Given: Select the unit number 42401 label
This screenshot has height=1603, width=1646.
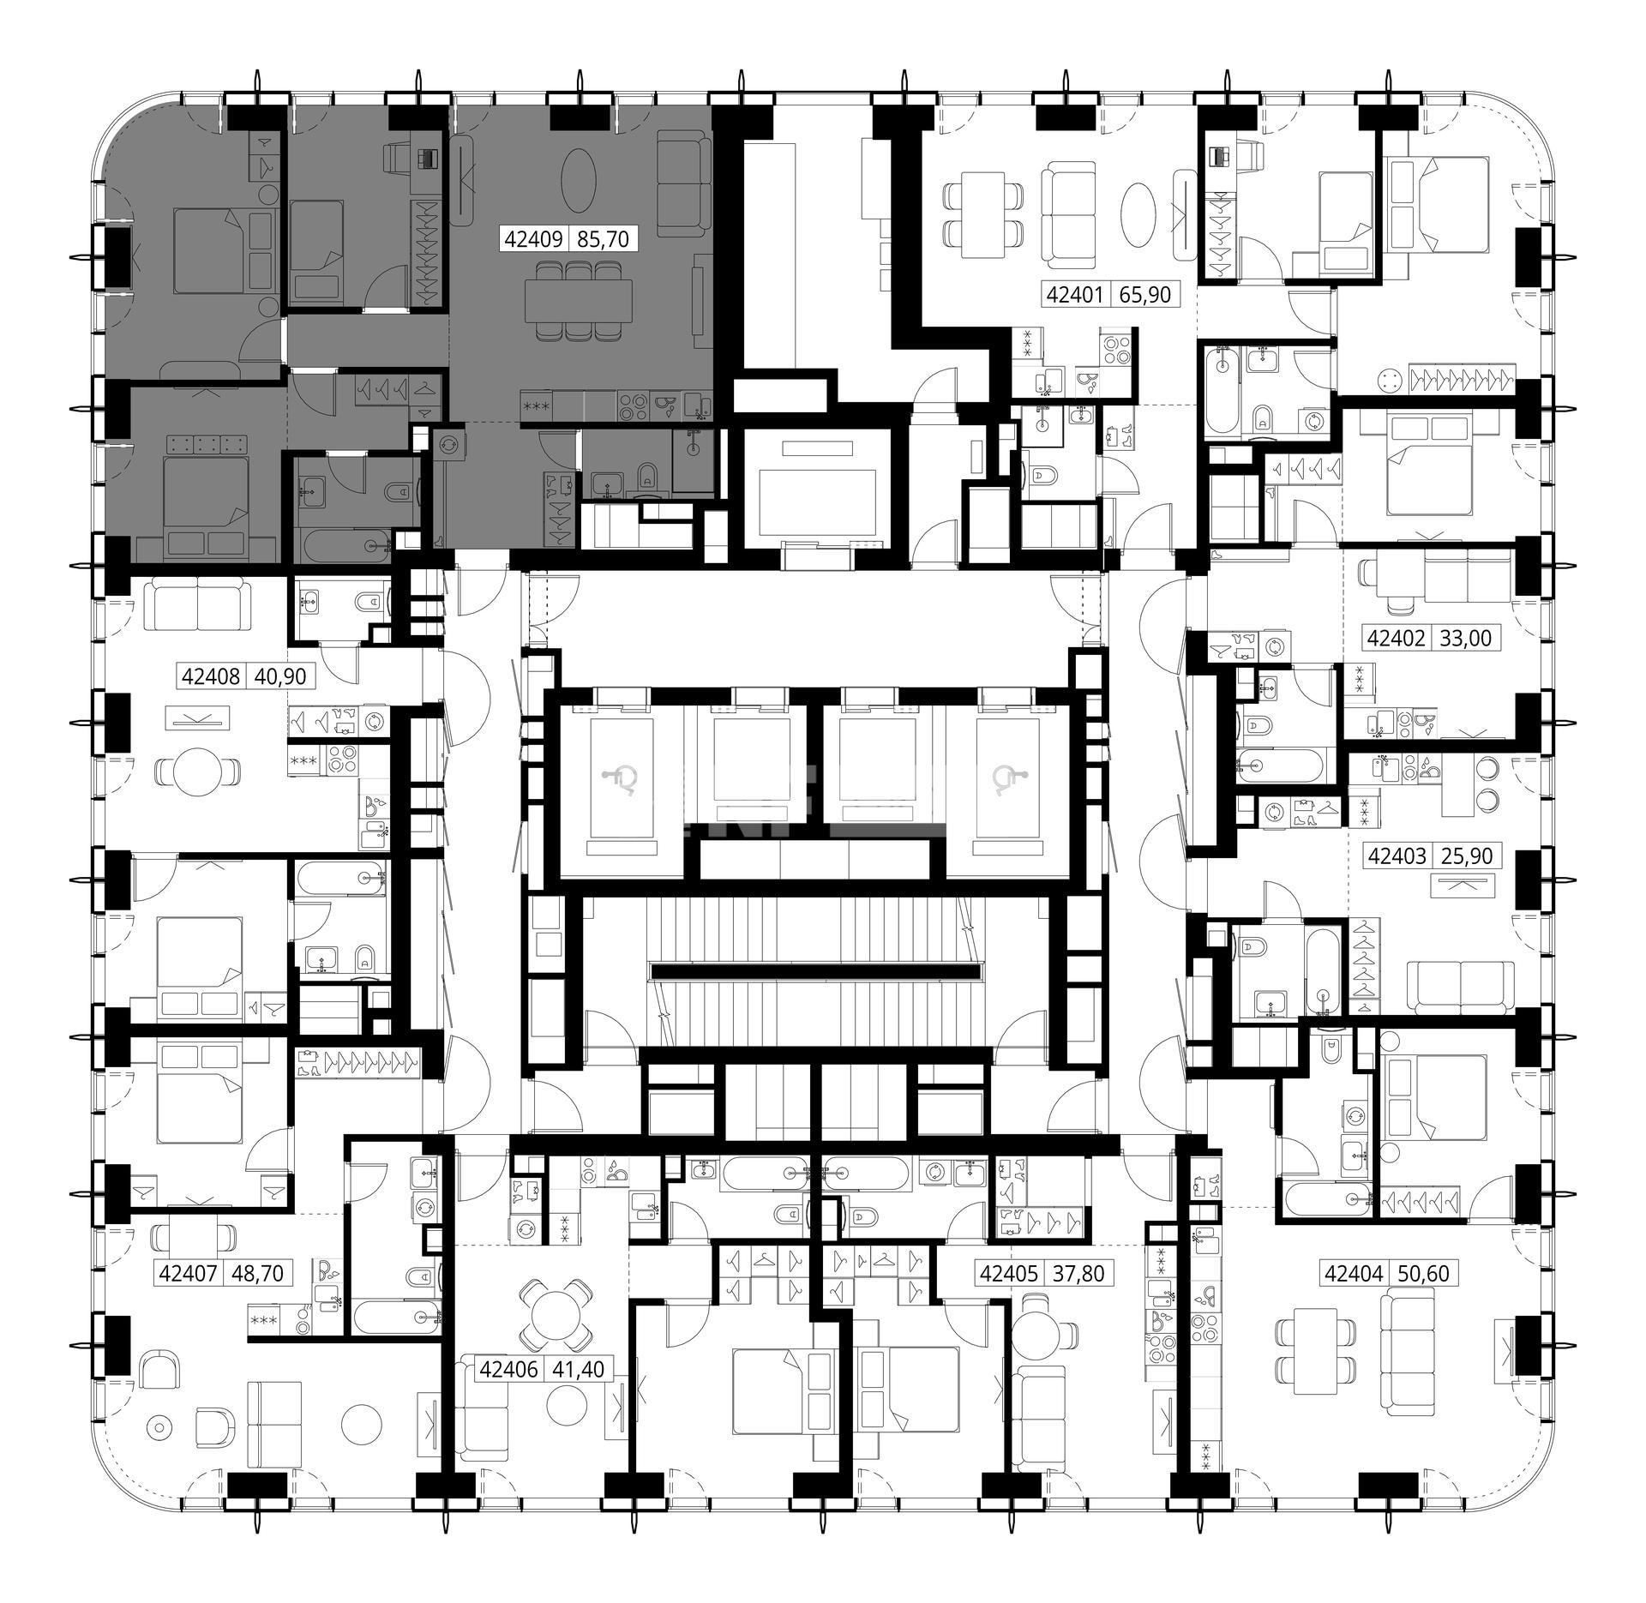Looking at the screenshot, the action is point(1076,295).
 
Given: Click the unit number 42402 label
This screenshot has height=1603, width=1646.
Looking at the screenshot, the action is point(1397,638).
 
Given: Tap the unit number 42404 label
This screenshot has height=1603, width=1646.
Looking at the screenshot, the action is point(1355,1274).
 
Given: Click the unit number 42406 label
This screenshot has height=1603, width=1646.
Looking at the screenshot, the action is point(509,1369).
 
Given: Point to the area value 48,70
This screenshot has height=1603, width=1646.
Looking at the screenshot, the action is point(256,1274).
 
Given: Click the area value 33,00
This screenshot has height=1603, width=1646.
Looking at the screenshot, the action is point(1467,638).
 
